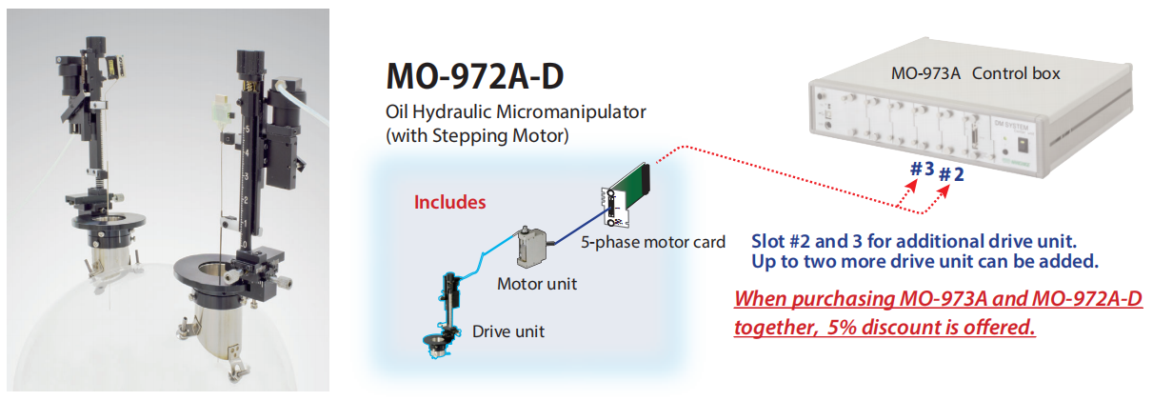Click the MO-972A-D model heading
pos(474,77)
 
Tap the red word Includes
pos(450,202)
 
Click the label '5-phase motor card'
pos(653,242)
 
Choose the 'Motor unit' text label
pos(537,284)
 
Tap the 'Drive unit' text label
pos(508,331)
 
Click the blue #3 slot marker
pos(922,169)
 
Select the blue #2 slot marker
pos(951,174)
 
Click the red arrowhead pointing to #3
pos(911,187)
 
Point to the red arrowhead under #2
pos(943,191)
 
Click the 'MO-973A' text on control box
pos(925,73)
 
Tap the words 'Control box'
pos(1016,73)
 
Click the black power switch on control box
pos(1023,145)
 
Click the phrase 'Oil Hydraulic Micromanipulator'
pos(516,112)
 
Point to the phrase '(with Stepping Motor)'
pos(477,136)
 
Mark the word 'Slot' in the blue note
pos(767,241)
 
